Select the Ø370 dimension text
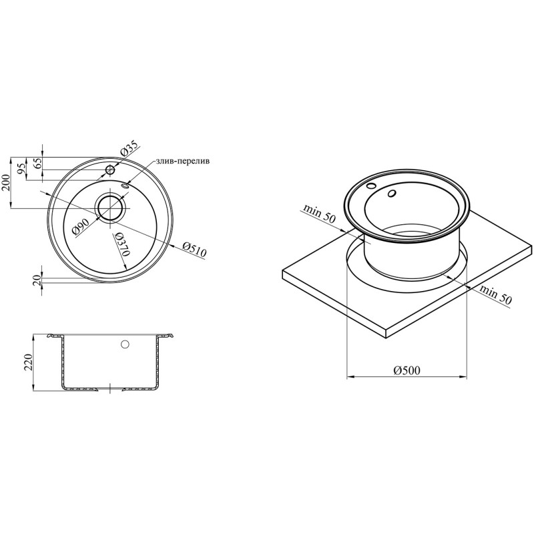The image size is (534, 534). pyautogui.click(x=123, y=244)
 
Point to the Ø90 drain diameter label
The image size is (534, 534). pyautogui.click(x=81, y=227)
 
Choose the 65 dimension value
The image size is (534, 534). pyautogui.click(x=38, y=164)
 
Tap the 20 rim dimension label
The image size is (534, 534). pyautogui.click(x=38, y=280)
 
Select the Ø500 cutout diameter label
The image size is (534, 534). pyautogui.click(x=407, y=370)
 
